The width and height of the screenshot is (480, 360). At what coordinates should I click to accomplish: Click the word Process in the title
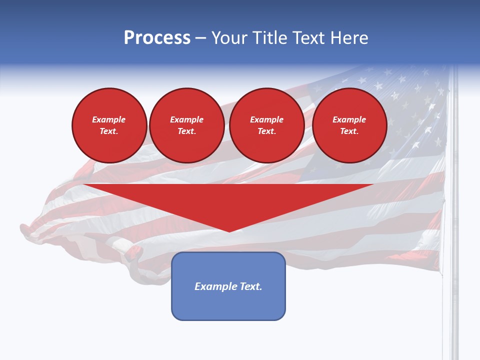(x=157, y=38)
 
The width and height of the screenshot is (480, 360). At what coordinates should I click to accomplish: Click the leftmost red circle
(x=109, y=125)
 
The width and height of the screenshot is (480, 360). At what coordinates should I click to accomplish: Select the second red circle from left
(x=187, y=125)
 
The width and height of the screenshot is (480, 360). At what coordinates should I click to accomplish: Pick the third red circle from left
(x=266, y=125)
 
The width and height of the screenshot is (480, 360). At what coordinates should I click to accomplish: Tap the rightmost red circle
(x=349, y=125)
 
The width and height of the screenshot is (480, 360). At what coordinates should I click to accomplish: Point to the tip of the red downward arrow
(x=229, y=230)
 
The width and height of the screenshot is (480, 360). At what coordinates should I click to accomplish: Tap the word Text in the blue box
(x=250, y=286)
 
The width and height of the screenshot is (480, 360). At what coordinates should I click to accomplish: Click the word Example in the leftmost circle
(x=109, y=119)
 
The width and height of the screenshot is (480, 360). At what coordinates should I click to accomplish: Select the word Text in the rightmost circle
(x=349, y=131)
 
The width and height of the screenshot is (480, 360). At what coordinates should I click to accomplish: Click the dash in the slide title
(x=201, y=38)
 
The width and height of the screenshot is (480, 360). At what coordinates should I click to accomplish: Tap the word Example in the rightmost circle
(x=349, y=119)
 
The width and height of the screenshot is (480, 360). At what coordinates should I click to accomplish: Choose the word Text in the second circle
(x=186, y=131)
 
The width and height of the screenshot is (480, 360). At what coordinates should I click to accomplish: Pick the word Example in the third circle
(x=266, y=119)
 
